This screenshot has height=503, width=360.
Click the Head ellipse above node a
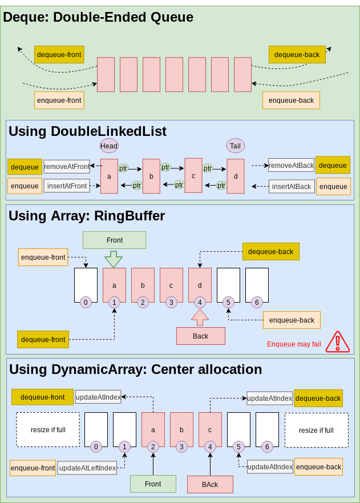point(109,146)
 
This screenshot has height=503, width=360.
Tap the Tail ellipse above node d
point(235,146)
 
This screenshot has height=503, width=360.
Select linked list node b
point(151,176)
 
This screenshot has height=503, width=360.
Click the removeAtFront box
point(67,167)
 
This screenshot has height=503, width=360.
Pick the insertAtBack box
point(292,186)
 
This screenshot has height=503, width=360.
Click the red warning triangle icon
point(338,341)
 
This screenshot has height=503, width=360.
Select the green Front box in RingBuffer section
point(114,240)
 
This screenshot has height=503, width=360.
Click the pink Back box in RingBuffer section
point(200,336)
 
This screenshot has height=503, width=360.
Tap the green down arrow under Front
point(114,259)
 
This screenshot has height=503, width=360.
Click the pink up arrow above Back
point(200,317)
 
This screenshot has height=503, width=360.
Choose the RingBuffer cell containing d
point(200,284)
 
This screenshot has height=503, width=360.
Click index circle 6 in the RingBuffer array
point(257,301)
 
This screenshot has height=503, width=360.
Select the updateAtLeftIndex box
point(87,468)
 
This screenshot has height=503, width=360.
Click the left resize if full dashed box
point(47,430)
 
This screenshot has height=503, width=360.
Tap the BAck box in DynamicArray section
point(210,484)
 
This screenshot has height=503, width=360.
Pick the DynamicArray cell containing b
point(181,429)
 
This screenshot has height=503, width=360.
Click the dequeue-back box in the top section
point(297,54)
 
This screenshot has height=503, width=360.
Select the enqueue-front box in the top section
point(59,100)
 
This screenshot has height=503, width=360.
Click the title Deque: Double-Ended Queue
point(98,17)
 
